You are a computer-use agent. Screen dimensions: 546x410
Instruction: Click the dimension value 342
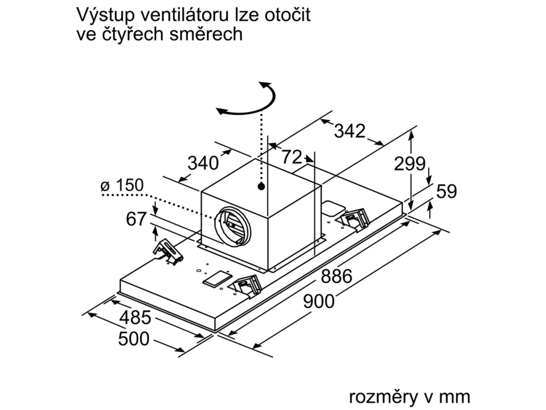click(x=350, y=131)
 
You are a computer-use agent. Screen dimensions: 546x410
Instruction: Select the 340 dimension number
click(x=203, y=162)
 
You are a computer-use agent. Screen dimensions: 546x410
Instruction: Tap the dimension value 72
click(x=292, y=157)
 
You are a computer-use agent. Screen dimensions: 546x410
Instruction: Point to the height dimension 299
click(x=409, y=163)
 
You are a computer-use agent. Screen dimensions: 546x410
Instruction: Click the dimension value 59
click(x=446, y=191)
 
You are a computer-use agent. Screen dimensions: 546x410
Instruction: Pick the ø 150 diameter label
click(x=122, y=185)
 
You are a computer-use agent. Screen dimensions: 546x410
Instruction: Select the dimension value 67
click(x=136, y=219)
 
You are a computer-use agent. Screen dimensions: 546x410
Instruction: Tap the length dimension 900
click(x=319, y=301)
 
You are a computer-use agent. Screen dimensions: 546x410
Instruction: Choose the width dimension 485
click(x=135, y=317)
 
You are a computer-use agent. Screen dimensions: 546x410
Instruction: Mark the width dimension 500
click(x=134, y=338)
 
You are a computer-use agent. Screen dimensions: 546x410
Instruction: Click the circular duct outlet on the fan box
click(x=232, y=226)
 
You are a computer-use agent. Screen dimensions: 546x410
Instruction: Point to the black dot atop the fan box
click(x=261, y=186)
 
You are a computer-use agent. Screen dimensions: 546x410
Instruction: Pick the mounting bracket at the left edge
click(x=167, y=251)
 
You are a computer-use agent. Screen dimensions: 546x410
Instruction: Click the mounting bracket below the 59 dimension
click(x=354, y=219)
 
